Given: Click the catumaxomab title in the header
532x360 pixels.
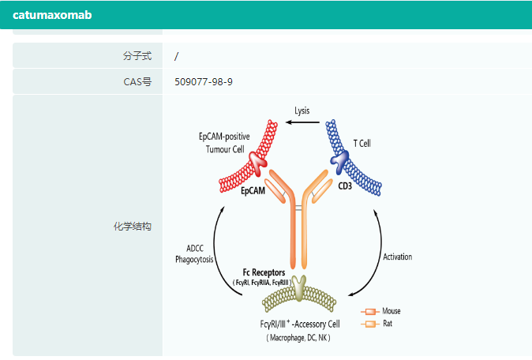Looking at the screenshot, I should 52,14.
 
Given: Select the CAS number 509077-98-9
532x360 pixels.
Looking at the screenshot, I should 204,81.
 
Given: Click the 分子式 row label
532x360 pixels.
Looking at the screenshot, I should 138,56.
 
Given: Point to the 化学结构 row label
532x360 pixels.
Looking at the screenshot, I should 133,227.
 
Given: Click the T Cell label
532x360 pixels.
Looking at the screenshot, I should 362,143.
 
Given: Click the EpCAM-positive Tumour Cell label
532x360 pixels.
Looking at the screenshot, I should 224,143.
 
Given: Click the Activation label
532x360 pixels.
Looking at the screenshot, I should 397,257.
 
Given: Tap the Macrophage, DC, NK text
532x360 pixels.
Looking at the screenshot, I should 298,338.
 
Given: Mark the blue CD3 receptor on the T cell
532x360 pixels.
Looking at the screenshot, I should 342,161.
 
